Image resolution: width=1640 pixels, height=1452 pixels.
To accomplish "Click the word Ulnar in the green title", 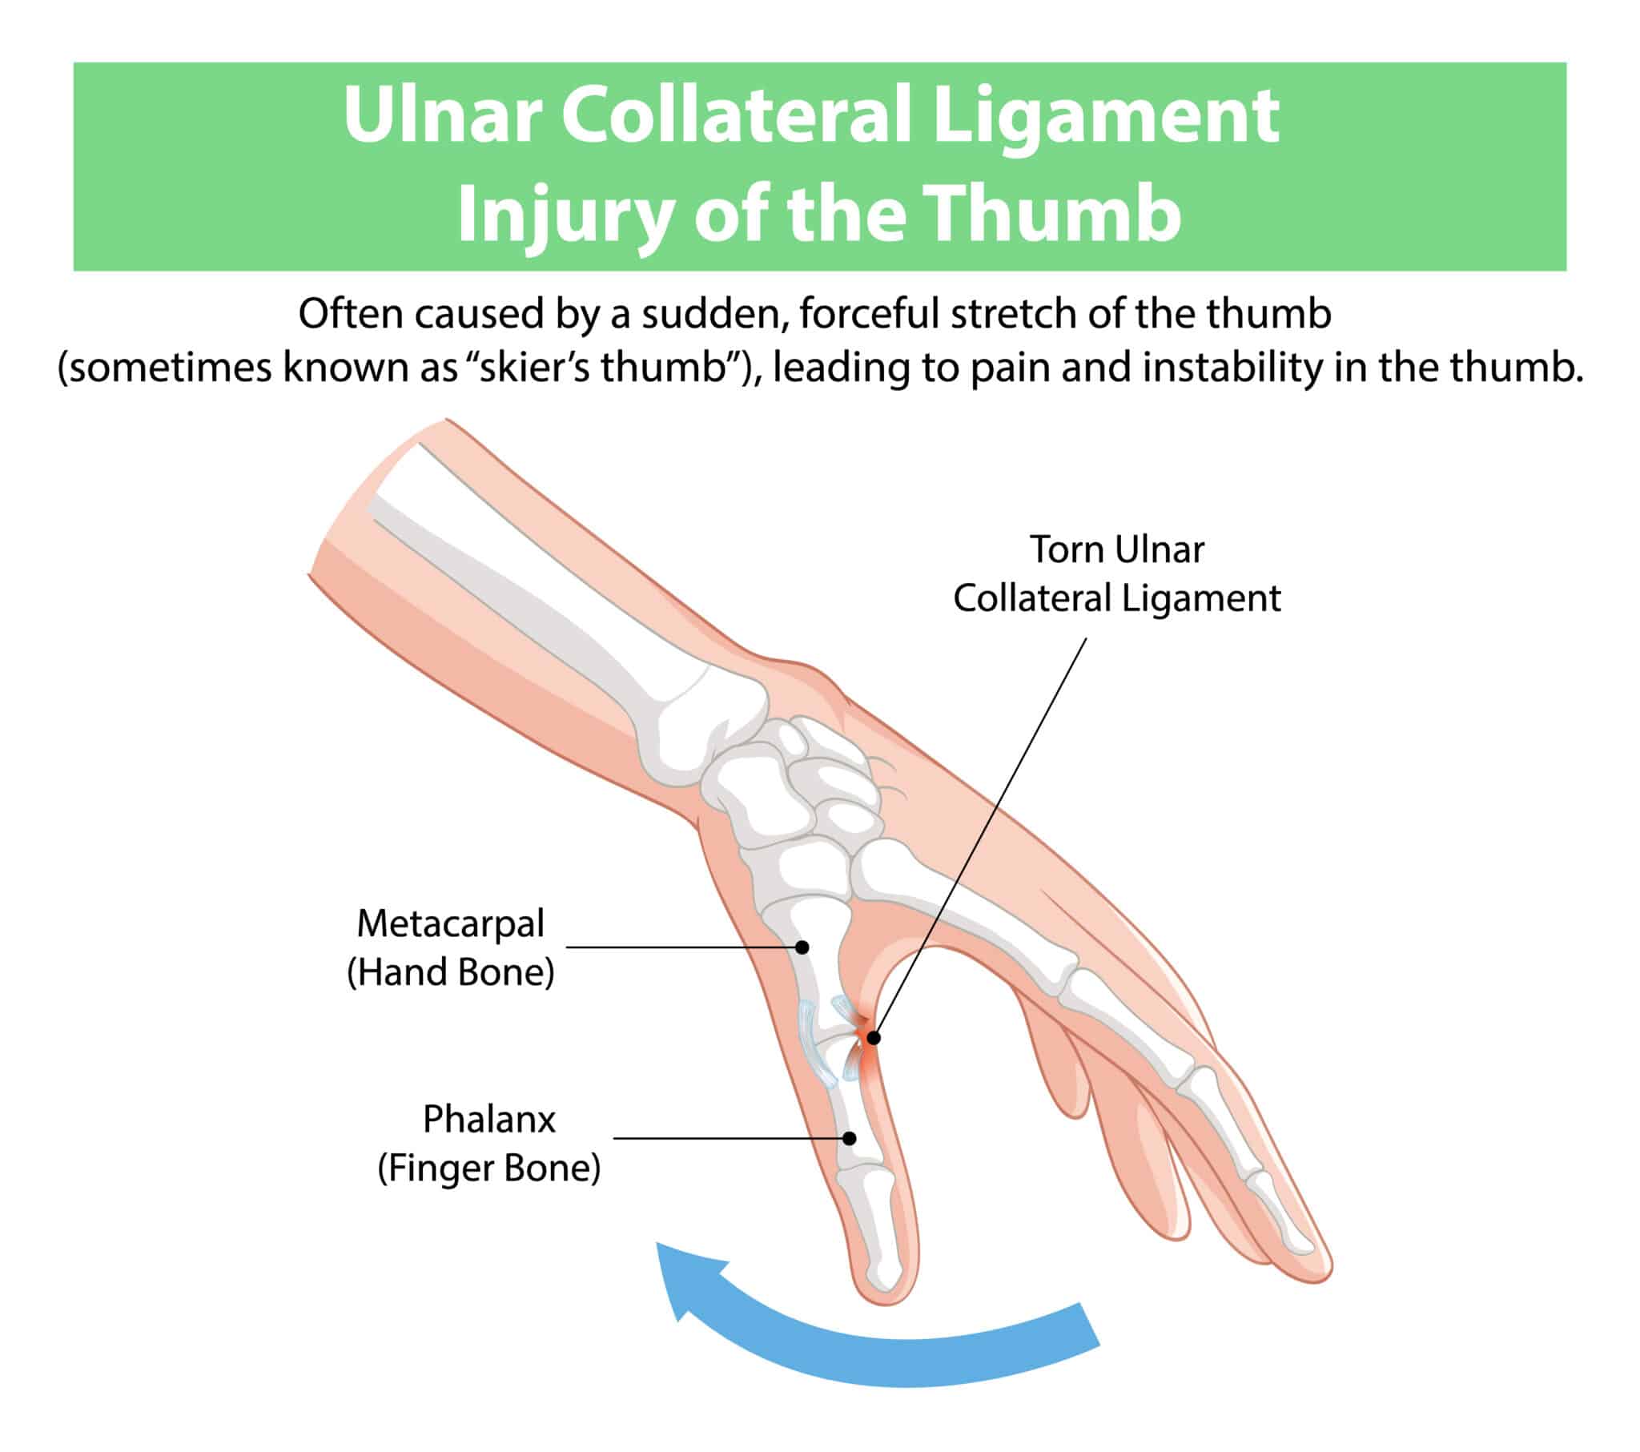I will click(442, 115).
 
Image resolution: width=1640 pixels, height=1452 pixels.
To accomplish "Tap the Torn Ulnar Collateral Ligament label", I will click(1116, 574).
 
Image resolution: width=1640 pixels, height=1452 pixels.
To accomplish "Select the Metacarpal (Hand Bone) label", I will click(450, 947).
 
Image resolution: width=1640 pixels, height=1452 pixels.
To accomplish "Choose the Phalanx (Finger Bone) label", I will click(488, 1143).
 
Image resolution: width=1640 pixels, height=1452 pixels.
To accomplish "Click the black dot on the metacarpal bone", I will click(802, 947).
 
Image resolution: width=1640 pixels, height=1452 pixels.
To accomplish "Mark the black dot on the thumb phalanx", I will click(850, 1138).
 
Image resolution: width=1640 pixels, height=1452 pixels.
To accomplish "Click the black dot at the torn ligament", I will click(874, 1038).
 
